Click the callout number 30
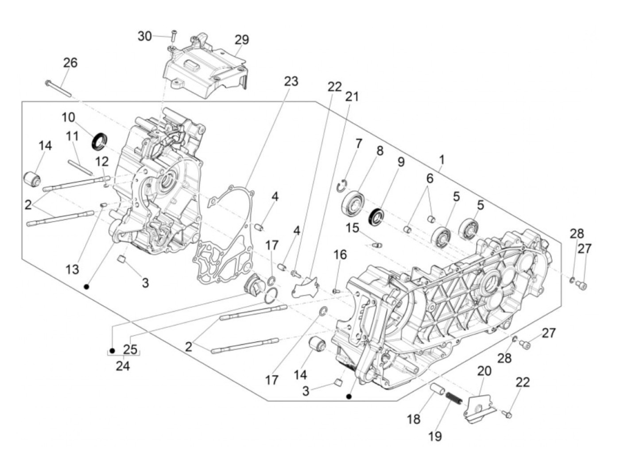(145, 36)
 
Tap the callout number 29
(242, 40)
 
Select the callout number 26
(70, 63)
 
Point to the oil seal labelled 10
(100, 140)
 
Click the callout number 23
(291, 82)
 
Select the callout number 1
(442, 159)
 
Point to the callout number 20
(484, 371)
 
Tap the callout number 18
(414, 419)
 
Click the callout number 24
(123, 366)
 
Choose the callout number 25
(130, 349)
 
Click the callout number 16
(340, 255)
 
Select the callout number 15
(353, 229)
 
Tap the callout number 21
(352, 97)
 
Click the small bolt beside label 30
(174, 34)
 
